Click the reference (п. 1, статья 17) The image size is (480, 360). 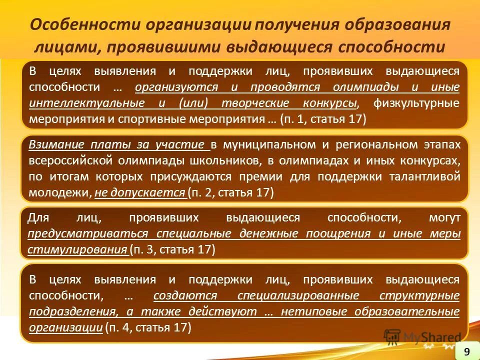click(323, 119)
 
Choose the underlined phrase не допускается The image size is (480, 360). click(140, 193)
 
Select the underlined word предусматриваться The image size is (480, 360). click(88, 233)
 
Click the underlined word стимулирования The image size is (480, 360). click(77, 249)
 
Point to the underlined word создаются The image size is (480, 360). click(185, 295)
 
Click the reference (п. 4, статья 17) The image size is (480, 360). click(148, 327)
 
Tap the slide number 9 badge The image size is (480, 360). click(466, 351)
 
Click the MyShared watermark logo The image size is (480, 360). click(422, 337)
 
